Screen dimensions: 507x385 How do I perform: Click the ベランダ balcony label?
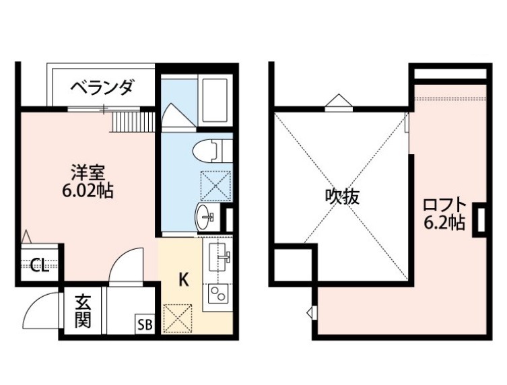pyautogui.click(x=102, y=87)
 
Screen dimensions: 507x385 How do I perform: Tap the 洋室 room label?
pyautogui.click(x=88, y=173)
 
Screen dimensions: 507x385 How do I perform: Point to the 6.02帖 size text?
pyautogui.click(x=88, y=190)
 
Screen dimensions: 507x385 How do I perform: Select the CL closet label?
pyautogui.click(x=40, y=265)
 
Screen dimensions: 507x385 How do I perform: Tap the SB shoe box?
pyautogui.click(x=145, y=324)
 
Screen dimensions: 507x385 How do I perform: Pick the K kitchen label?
pyautogui.click(x=184, y=280)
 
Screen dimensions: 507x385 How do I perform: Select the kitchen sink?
pyautogui.click(x=219, y=256)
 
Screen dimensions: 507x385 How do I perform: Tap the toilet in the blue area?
pyautogui.click(x=212, y=151)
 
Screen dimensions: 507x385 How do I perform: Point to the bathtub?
pyautogui.click(x=215, y=100)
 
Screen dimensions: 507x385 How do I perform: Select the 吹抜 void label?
pyautogui.click(x=343, y=197)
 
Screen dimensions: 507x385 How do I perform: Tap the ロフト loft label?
pyautogui.click(x=445, y=205)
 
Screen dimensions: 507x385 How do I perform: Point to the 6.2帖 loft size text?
pyautogui.click(x=445, y=222)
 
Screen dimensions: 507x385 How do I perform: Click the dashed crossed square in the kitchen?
pyautogui.click(x=178, y=319)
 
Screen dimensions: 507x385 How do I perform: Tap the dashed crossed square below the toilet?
pyautogui.click(x=216, y=186)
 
